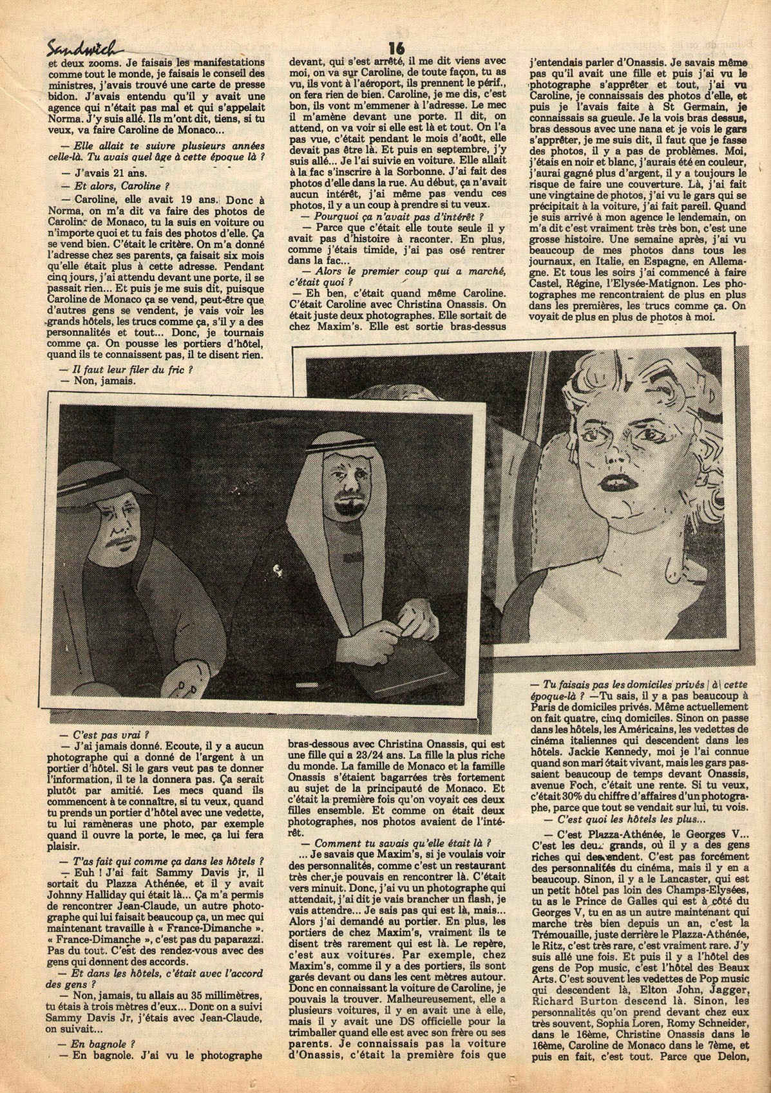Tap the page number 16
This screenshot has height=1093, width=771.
tap(395, 48)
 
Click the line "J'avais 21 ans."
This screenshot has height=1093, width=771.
tap(104, 172)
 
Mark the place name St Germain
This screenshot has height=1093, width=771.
tap(702, 106)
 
